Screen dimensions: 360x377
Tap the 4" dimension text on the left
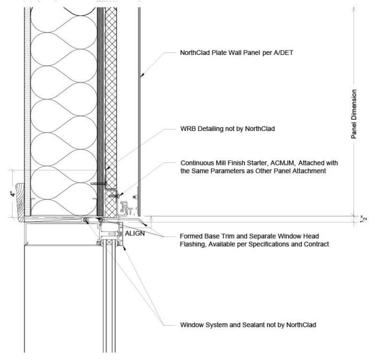point(13,194)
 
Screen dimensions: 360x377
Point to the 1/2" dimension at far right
point(363,218)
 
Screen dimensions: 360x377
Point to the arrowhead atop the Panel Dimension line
point(353,7)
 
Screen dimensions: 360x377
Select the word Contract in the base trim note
point(315,244)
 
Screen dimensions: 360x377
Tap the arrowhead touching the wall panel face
point(141,76)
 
